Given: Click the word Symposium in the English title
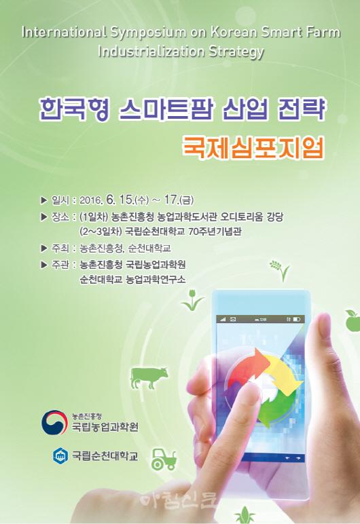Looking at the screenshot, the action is pos(148,33).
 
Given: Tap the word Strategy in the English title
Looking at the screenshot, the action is pos(236,52).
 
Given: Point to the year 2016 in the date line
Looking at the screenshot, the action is pos(90,200).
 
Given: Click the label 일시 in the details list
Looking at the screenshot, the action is pos(60,200).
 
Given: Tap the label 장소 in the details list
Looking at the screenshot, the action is pos(60,217).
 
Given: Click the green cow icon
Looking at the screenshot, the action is pos(149,377).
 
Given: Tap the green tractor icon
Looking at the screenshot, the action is pos(164,460).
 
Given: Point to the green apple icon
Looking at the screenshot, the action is pos(353,320).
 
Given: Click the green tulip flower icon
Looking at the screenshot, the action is pos(192,300).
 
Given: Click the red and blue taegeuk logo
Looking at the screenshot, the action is pos(52,422).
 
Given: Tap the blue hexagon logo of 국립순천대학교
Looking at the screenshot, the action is pos(60,455).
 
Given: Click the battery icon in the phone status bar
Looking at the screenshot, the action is pos(297,320).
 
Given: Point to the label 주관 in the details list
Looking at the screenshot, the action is pos(60,265).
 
